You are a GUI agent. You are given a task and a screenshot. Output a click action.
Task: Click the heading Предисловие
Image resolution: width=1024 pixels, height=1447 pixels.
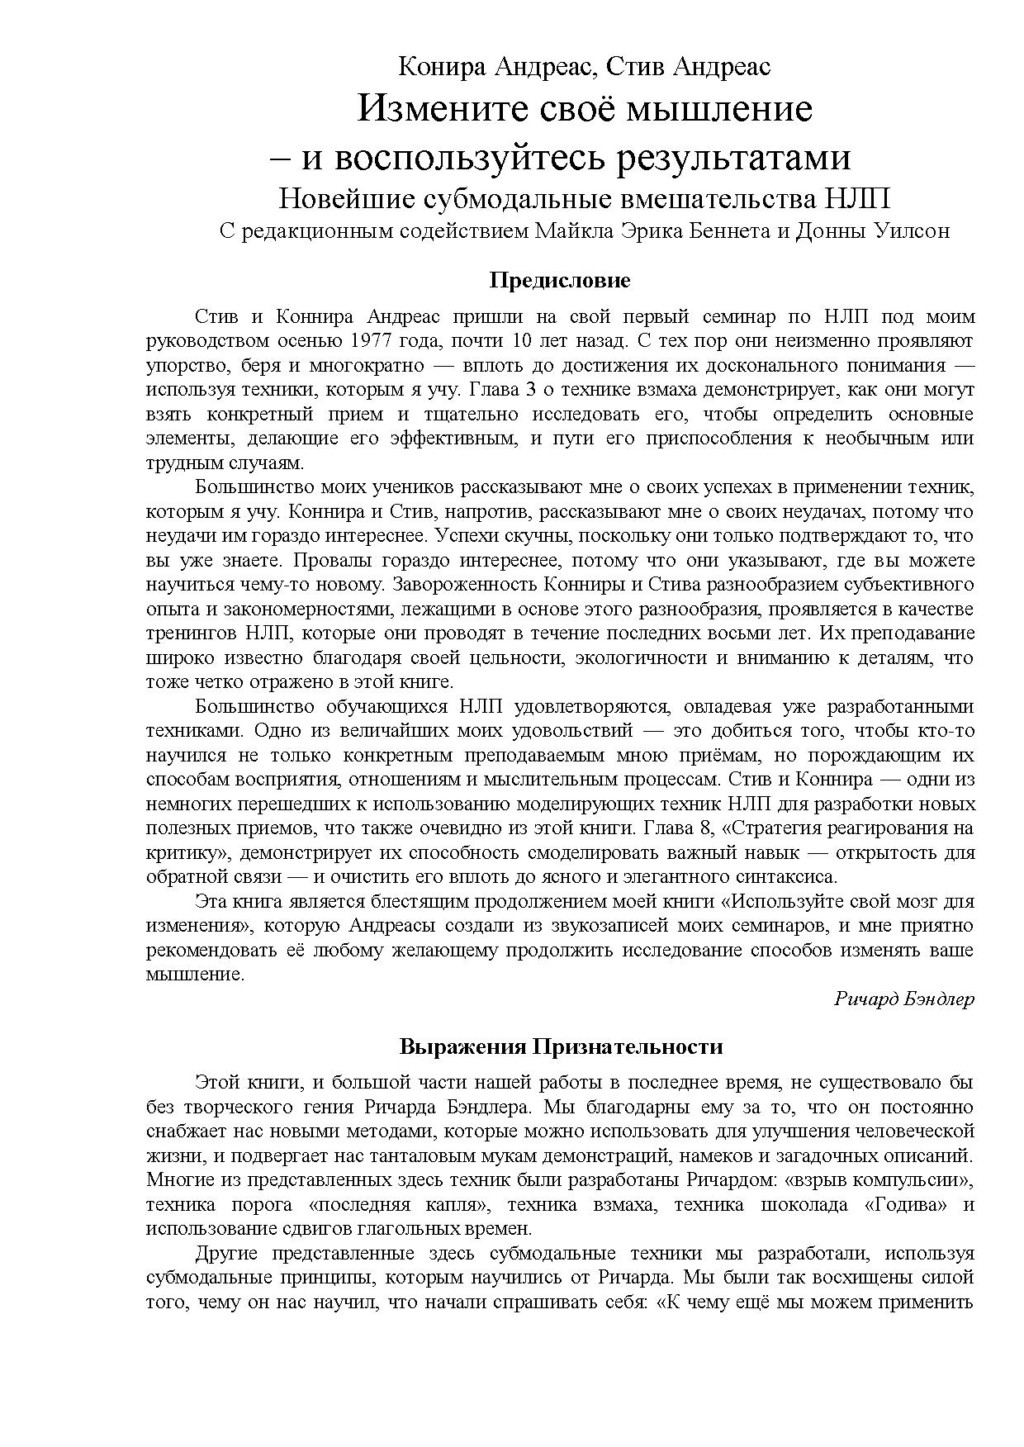point(559,280)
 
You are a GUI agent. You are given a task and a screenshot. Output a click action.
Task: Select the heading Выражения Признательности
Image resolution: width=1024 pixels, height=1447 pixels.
point(561,1047)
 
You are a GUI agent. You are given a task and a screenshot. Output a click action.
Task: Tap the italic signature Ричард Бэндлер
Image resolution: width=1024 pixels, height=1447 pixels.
point(903,999)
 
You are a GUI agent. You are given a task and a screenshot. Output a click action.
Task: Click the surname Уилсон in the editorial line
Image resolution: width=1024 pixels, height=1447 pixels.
point(911,231)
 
